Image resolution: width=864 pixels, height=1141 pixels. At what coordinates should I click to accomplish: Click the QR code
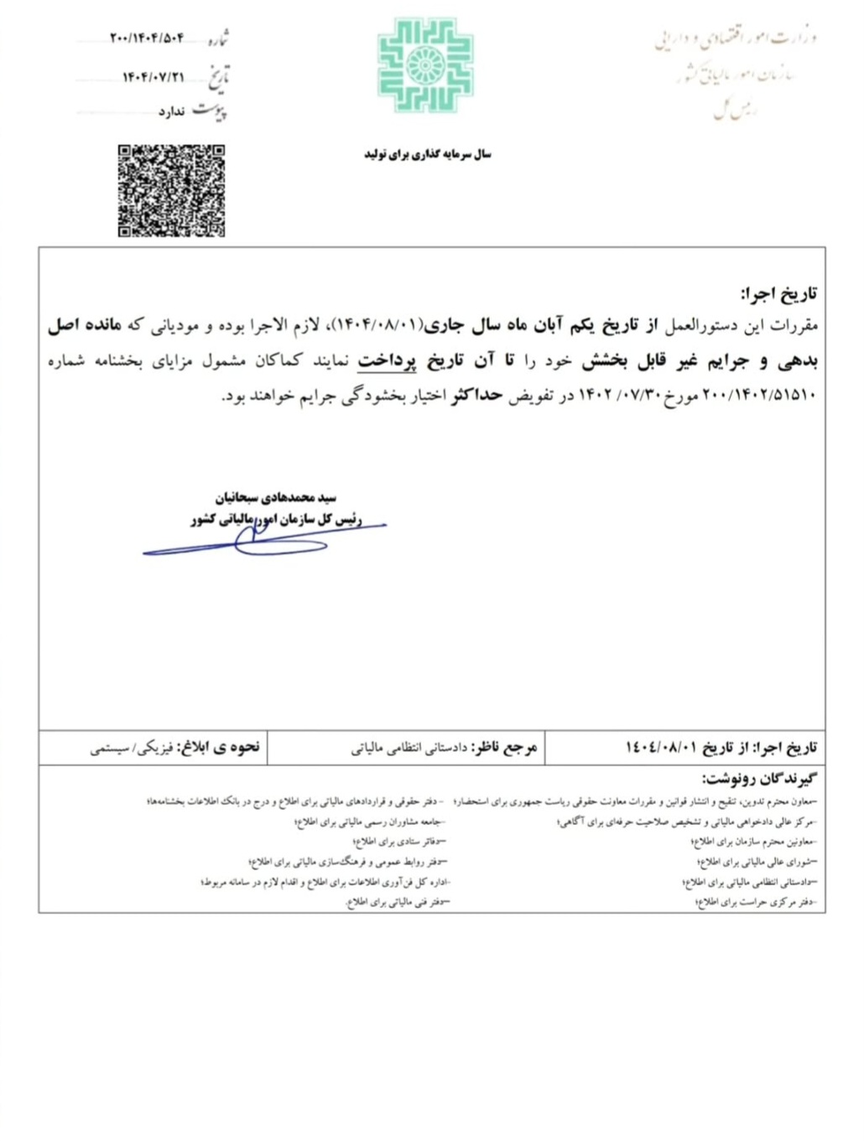[171, 190]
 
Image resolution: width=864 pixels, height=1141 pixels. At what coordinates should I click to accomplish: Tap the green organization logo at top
[425, 65]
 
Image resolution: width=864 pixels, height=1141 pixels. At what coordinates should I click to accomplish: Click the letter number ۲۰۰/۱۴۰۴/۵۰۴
[147, 38]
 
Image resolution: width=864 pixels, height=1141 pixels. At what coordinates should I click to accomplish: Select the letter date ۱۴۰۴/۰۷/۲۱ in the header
[153, 77]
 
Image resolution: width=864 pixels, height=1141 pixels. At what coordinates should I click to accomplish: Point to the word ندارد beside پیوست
[171, 112]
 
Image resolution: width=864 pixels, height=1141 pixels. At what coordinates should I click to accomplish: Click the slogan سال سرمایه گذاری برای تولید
[427, 154]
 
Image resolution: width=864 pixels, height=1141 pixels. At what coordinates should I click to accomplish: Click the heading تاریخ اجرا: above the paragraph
[778, 294]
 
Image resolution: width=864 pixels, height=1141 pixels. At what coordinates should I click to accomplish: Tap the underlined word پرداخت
[387, 361]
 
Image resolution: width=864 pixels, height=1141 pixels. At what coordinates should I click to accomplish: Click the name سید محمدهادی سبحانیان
[275, 498]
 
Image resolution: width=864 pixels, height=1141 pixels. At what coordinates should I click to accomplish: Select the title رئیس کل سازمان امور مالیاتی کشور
[276, 521]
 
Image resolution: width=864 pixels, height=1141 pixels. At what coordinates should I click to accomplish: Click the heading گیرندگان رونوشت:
[757, 780]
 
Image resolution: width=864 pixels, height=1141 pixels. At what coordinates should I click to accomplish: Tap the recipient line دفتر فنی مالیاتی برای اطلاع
[399, 902]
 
